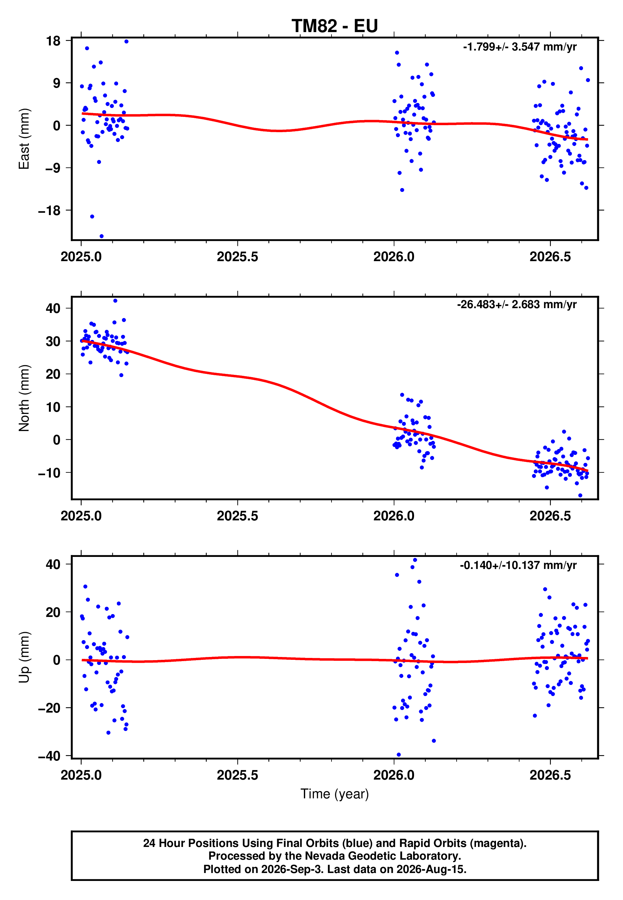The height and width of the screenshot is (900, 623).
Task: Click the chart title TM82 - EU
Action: tap(335, 26)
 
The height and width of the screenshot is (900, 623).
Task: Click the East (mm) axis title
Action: tap(24, 139)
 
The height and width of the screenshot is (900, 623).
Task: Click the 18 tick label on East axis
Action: tap(53, 41)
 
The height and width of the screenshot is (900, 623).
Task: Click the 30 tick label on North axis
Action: tap(53, 341)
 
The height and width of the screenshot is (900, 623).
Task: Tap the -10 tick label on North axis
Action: tap(49, 472)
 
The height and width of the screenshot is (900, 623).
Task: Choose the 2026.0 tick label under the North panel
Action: tap(394, 516)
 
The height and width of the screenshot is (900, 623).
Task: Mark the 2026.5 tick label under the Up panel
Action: tap(550, 775)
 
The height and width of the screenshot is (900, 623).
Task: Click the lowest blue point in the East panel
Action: tap(102, 236)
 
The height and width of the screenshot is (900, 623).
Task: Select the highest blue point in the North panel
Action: tap(115, 301)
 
